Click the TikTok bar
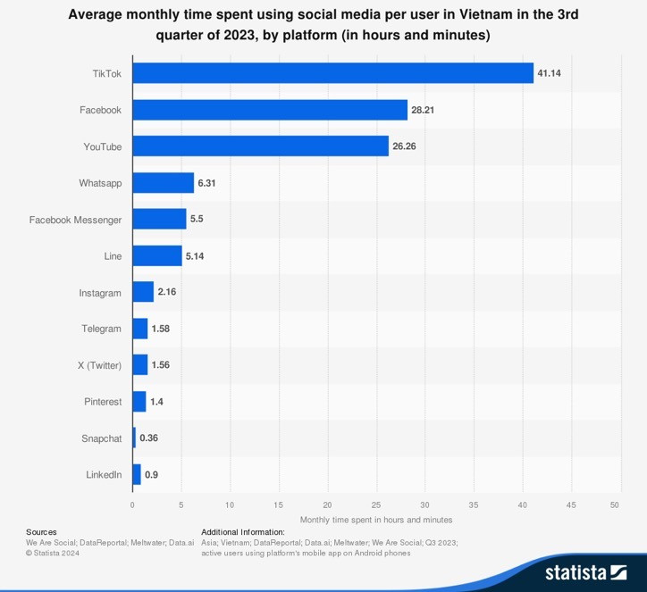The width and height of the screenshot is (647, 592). pos(332,73)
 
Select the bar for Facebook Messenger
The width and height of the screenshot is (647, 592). pos(159,219)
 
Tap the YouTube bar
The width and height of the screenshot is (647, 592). pos(260,146)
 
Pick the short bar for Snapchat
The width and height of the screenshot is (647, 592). pos(134,438)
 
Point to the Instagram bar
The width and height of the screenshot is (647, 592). pos(143,292)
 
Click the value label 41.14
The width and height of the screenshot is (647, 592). pos(550,73)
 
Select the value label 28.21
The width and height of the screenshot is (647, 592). pos(424,110)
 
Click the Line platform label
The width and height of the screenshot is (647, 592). pos(113,256)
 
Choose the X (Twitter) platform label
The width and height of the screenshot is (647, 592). pos(99,365)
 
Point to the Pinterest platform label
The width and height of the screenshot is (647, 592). pos(103,402)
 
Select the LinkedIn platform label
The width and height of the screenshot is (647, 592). pos(104,475)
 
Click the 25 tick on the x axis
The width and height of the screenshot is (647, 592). pos(376,504)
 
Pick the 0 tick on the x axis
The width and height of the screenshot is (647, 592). pos(132,504)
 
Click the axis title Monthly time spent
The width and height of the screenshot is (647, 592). pos(376,520)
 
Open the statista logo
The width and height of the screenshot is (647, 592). pos(585,571)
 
